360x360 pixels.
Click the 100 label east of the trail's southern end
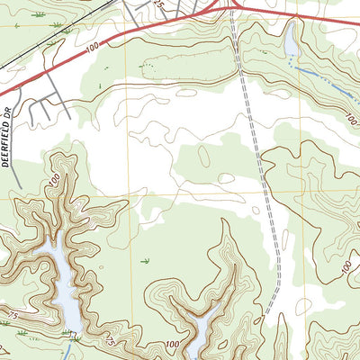346,266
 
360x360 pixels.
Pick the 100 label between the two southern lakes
173,345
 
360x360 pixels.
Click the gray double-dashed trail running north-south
256,153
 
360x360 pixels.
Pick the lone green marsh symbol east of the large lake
144,260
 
